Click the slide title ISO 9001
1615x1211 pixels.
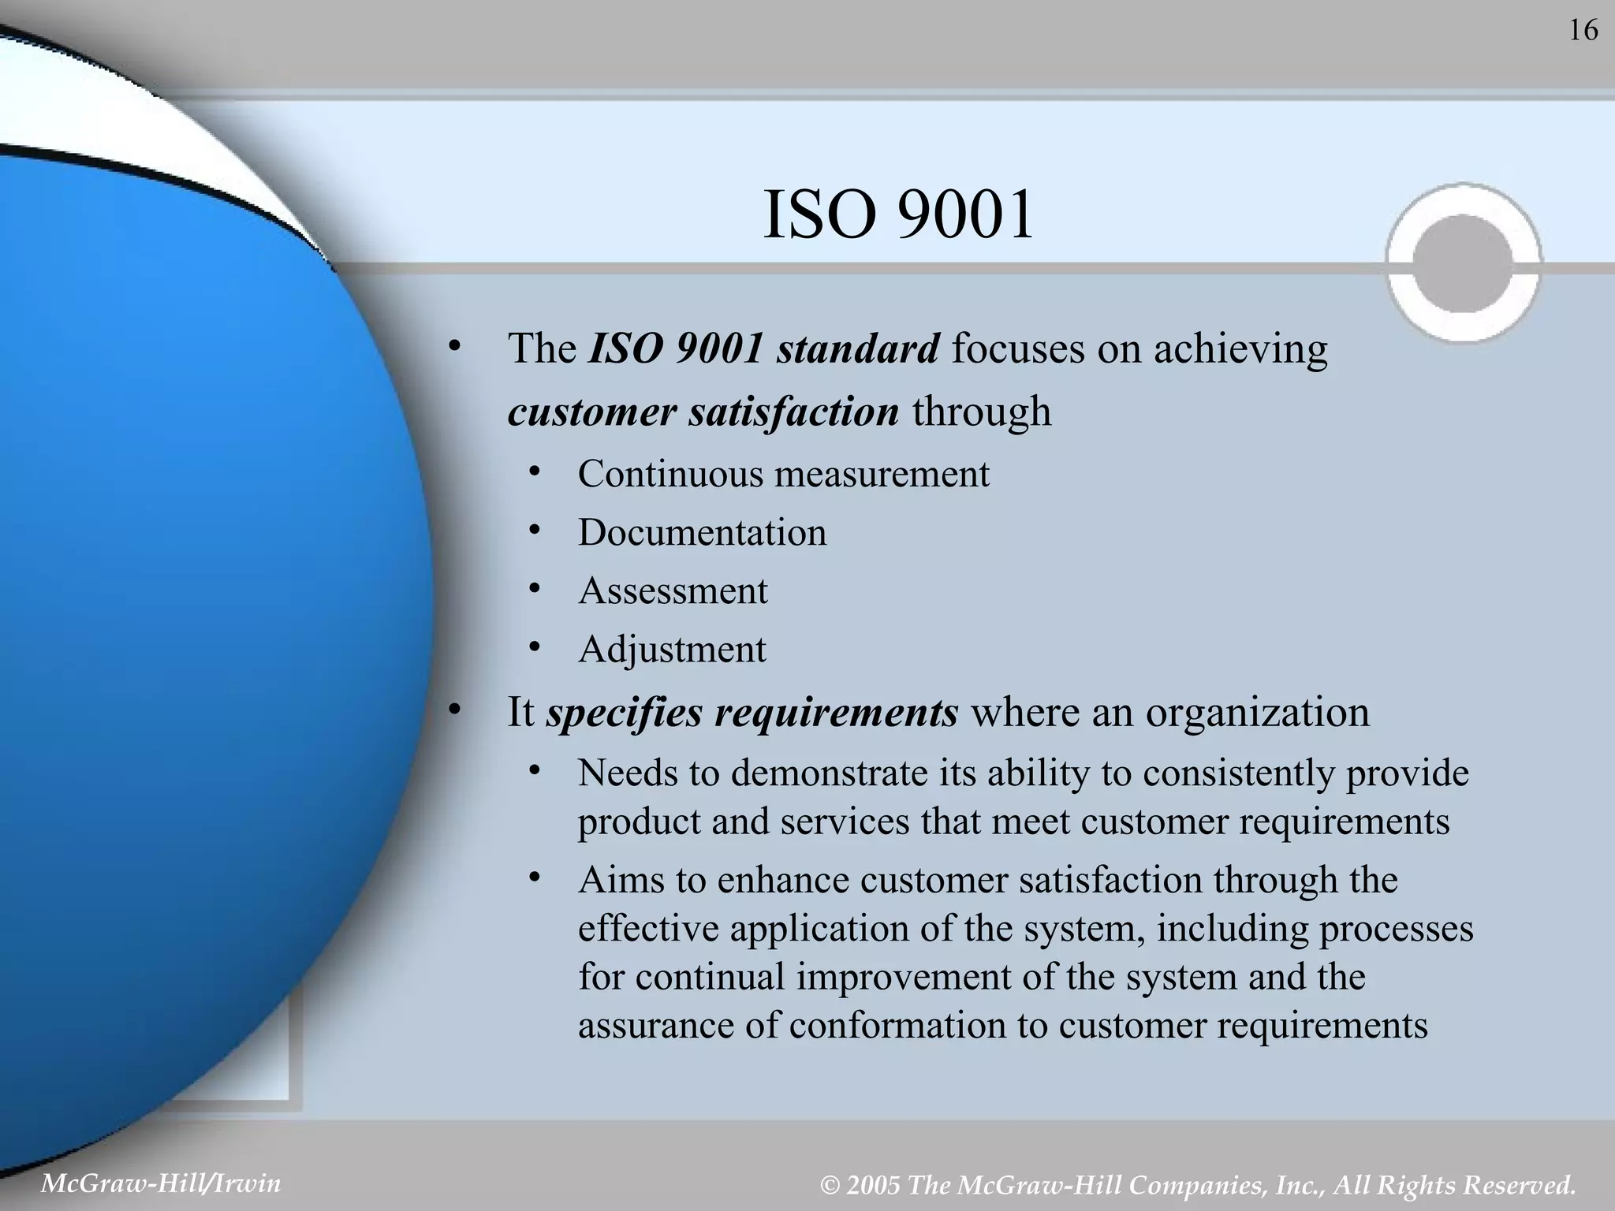pos(898,215)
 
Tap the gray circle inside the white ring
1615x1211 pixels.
pos(1464,263)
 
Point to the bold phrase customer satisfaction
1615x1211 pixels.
pos(703,412)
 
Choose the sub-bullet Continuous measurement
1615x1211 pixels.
pos(783,474)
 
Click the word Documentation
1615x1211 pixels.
pos(702,532)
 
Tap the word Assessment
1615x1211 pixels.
pos(673,591)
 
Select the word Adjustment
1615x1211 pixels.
pos(672,649)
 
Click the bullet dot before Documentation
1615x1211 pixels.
pos(535,531)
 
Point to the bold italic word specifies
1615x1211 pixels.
pos(622,712)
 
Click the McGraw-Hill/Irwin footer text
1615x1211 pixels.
pos(161,1183)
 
